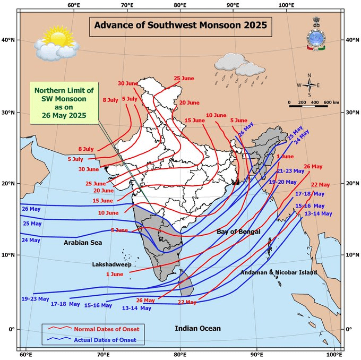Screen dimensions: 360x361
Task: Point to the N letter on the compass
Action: pyautogui.click(x=309, y=75)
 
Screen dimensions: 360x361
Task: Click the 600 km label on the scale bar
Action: pyautogui.click(x=331, y=101)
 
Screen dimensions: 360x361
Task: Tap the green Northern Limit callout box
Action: pyautogui.click(x=61, y=101)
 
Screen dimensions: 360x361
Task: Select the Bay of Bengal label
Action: pyautogui.click(x=238, y=232)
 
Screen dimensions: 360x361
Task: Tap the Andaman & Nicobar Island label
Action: pyautogui.click(x=279, y=272)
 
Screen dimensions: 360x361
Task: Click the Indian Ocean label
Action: pyautogui.click(x=198, y=329)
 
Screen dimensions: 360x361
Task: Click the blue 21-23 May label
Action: pyautogui.click(x=290, y=171)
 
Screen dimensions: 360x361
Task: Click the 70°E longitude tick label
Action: pyautogui.click(x=126, y=5)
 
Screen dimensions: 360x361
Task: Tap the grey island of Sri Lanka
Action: pyautogui.click(x=185, y=283)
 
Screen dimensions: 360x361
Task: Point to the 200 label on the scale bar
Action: pyautogui.click(x=302, y=101)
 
